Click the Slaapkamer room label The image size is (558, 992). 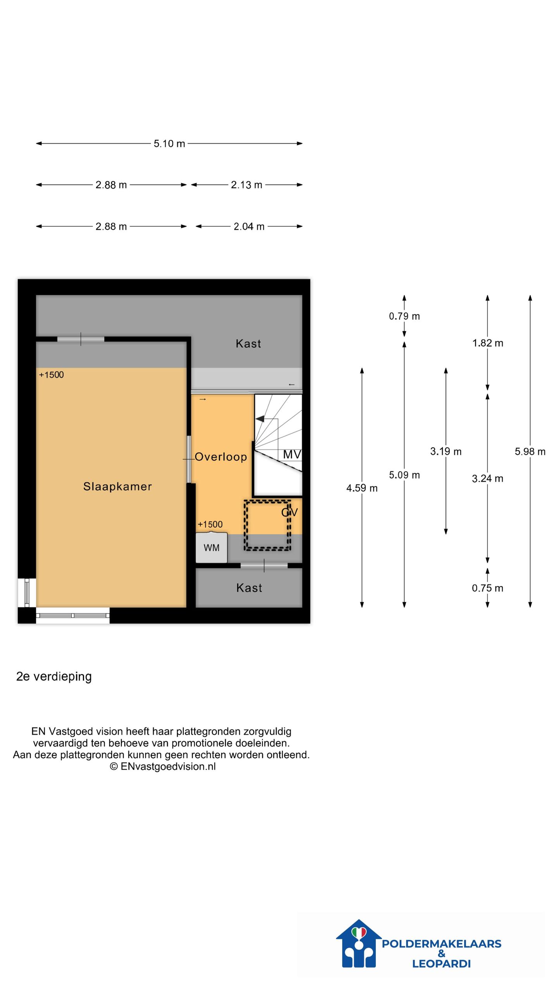click(x=117, y=486)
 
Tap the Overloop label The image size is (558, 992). click(x=220, y=457)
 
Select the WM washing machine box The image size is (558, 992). click(x=211, y=547)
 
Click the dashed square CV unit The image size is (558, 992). click(x=267, y=525)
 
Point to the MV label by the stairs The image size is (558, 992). click(x=292, y=454)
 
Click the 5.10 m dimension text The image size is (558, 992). click(x=169, y=144)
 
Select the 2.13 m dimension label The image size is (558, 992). click(x=246, y=185)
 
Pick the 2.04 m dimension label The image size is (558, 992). click(x=249, y=227)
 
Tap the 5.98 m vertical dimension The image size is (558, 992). click(x=530, y=451)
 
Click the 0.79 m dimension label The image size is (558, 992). click(x=404, y=316)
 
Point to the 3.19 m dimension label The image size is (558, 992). click(x=446, y=451)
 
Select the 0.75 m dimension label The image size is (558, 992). click(x=487, y=588)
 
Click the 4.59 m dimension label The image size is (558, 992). click(x=362, y=488)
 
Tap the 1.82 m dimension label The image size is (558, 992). click(x=487, y=343)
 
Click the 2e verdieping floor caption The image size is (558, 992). click(x=54, y=677)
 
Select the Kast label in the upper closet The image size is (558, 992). click(x=248, y=344)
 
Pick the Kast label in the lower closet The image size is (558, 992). click(x=249, y=588)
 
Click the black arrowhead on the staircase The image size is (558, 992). click(x=260, y=419)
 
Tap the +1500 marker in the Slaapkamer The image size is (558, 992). click(x=51, y=375)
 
